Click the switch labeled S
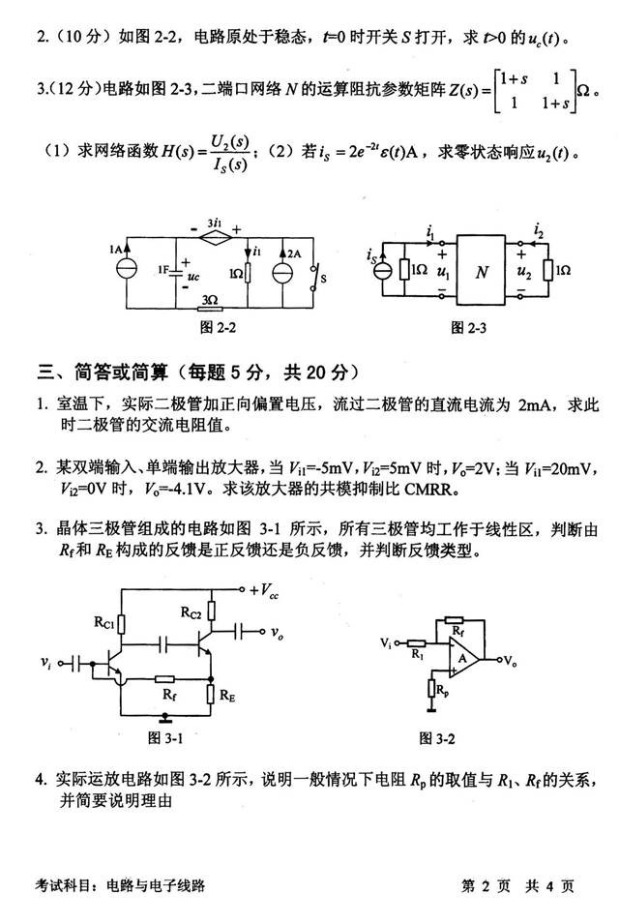pyautogui.click(x=313, y=275)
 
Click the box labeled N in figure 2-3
pyautogui.click(x=482, y=272)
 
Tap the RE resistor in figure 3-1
pyautogui.click(x=211, y=693)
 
